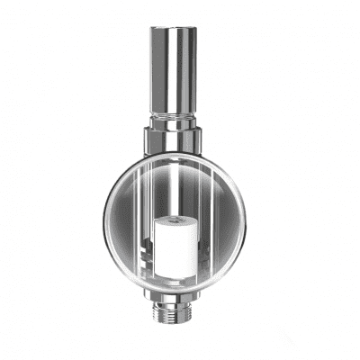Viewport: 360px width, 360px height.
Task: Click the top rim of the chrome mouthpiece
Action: [173, 28]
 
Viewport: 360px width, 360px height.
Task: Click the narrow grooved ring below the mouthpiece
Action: [173, 119]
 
